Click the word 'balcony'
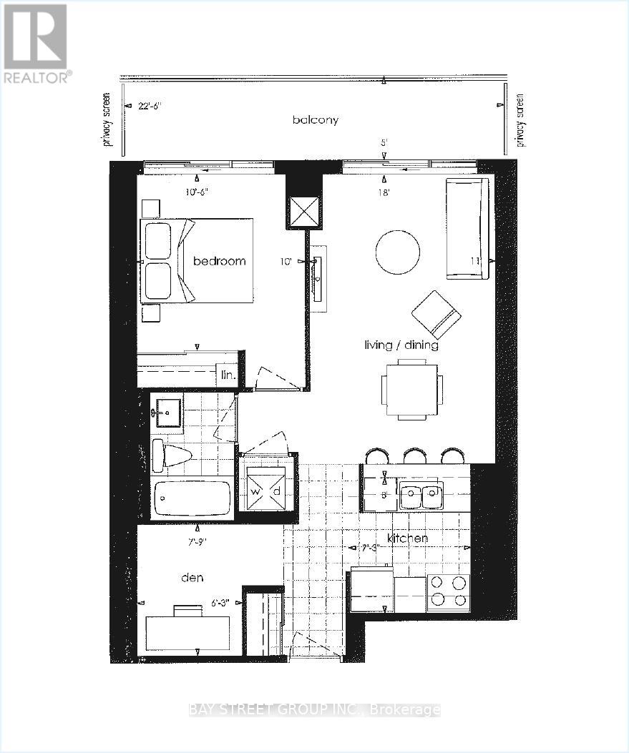315,120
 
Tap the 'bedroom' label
219,261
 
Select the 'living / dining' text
401,345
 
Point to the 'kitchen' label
408,538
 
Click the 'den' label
192,577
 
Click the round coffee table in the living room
398,252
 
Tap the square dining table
411,390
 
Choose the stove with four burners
448,592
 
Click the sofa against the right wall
467,229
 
